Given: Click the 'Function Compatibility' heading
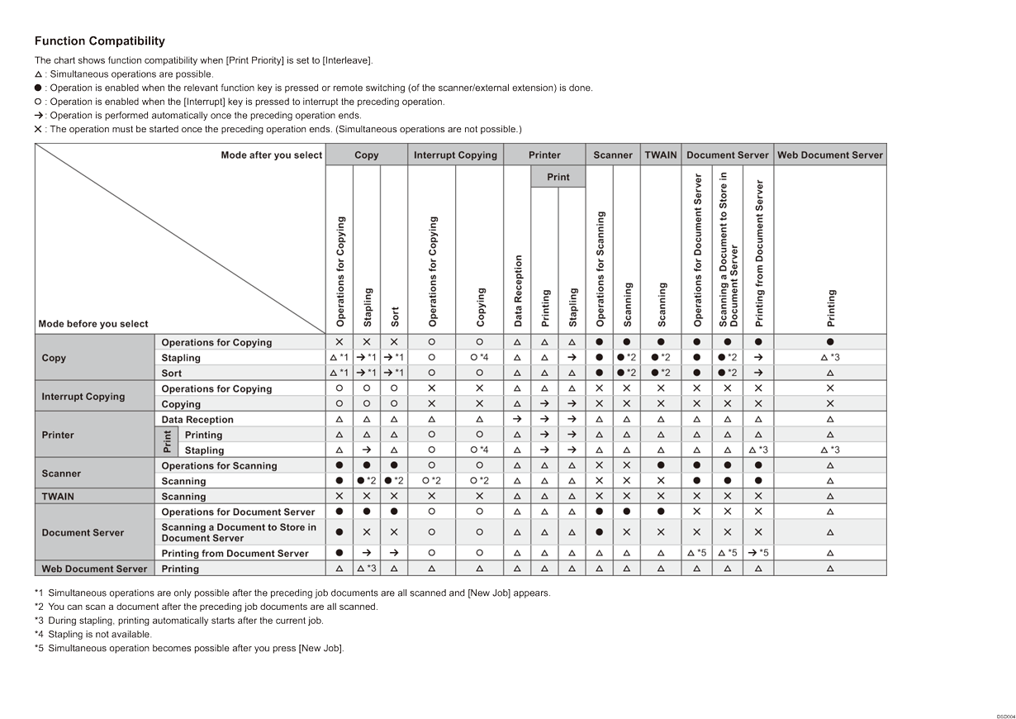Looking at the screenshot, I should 99,41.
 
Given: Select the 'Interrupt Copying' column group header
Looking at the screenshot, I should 455,155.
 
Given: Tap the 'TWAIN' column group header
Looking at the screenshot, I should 661,155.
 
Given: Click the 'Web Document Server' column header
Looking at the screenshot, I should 830,155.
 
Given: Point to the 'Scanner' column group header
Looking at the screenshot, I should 613,155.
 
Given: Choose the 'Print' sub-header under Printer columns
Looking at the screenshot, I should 558,177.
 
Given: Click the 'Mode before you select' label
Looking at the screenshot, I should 93,324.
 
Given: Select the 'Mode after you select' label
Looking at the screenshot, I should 271,155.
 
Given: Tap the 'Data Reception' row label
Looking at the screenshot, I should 197,420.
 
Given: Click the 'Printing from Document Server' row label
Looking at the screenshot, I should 235,554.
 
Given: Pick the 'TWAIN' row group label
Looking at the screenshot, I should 58,497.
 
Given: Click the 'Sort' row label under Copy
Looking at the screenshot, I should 172,374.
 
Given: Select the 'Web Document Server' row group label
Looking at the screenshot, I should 94,569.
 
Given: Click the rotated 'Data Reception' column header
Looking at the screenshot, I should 518,290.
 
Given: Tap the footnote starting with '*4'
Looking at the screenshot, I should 93,634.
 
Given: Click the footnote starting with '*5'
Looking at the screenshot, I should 189,648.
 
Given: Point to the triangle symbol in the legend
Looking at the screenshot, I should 38,74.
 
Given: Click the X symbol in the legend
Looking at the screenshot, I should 38,129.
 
